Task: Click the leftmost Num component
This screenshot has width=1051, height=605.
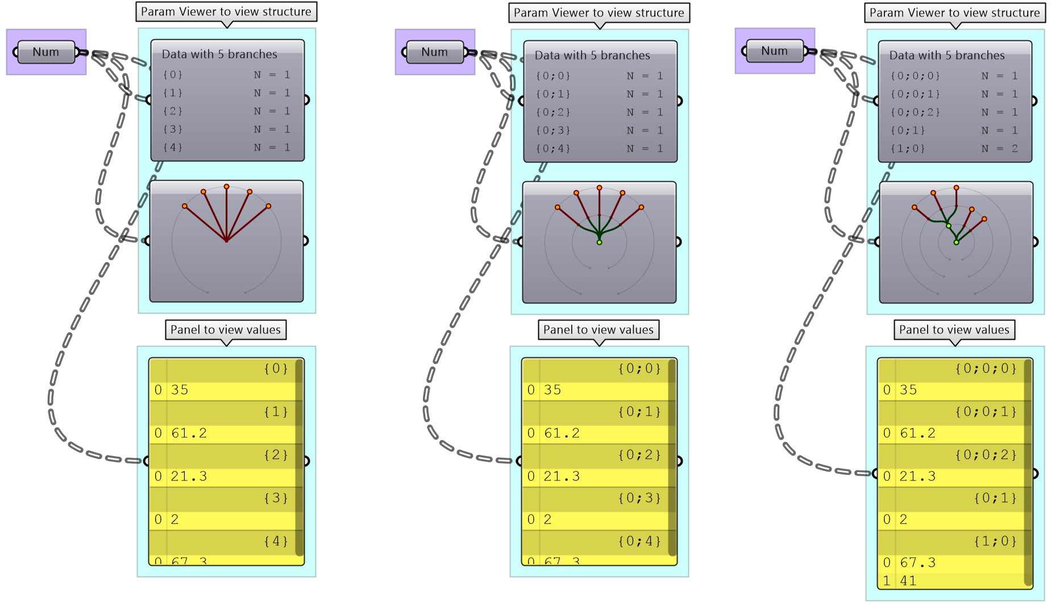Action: pyautogui.click(x=46, y=52)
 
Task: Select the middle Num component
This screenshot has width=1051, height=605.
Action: pyautogui.click(x=435, y=52)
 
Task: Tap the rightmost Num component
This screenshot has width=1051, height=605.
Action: pyautogui.click(x=775, y=51)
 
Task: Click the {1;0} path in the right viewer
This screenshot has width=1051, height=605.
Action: pyautogui.click(x=908, y=149)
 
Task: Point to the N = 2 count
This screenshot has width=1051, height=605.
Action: pyautogui.click(x=999, y=149)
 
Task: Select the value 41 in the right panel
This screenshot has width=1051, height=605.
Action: pyautogui.click(x=908, y=581)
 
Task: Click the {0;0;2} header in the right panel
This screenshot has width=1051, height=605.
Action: pyautogui.click(x=986, y=455)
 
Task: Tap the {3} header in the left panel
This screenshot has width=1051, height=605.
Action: pyautogui.click(x=276, y=498)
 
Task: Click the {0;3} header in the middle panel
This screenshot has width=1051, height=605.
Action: pyautogui.click(x=640, y=498)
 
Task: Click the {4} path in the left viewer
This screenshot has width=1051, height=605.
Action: pyautogui.click(x=173, y=148)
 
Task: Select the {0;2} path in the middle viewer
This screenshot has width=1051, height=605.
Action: pyautogui.click(x=553, y=112)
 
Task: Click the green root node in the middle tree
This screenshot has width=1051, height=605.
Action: pyautogui.click(x=599, y=243)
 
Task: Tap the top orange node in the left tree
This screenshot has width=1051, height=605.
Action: pyautogui.click(x=226, y=187)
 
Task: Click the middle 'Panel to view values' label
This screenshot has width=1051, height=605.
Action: pyautogui.click(x=599, y=330)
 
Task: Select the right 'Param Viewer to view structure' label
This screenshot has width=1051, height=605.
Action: pyautogui.click(x=954, y=13)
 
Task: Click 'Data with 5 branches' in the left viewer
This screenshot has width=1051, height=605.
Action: pyautogui.click(x=219, y=55)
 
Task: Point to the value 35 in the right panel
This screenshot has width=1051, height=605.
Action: pyautogui.click(x=908, y=390)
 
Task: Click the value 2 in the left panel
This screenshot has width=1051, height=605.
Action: pyautogui.click(x=175, y=520)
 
